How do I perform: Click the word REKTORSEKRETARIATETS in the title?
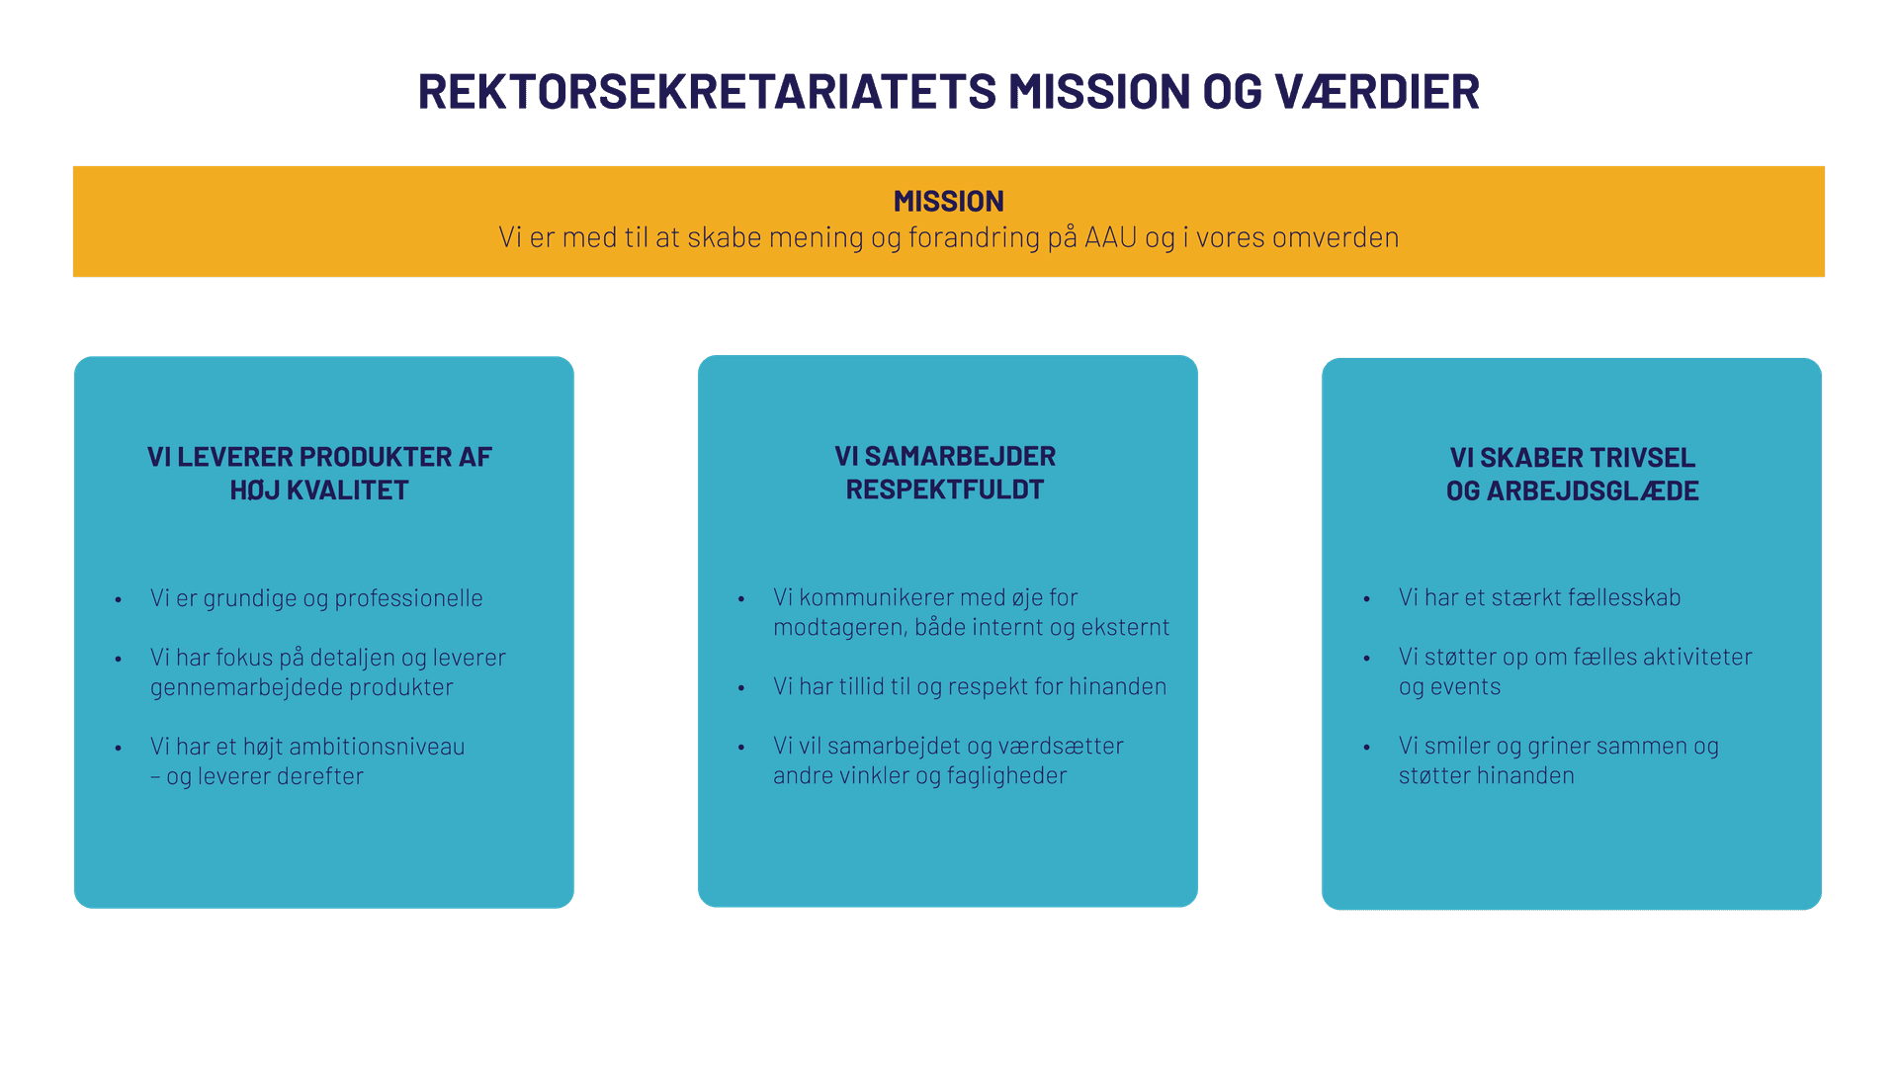coord(707,92)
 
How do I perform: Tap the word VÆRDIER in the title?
coord(1377,92)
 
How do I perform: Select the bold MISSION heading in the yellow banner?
coord(948,202)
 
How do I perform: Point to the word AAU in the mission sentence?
coord(1111,238)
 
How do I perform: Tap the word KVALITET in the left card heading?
coord(347,490)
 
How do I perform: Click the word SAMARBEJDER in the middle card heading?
coord(960,457)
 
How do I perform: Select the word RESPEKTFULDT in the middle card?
coord(945,489)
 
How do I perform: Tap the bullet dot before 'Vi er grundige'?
coord(119,600)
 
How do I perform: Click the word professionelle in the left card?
coord(408,598)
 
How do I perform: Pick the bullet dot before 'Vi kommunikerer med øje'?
coord(741,599)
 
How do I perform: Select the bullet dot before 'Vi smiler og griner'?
coord(1367,748)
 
